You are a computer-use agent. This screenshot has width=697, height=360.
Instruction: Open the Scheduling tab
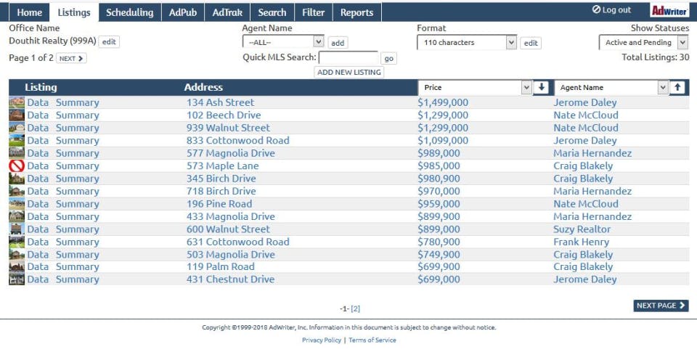(x=129, y=12)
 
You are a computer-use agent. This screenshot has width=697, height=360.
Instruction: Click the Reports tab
(x=356, y=12)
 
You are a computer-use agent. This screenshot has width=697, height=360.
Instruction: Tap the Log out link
(x=611, y=10)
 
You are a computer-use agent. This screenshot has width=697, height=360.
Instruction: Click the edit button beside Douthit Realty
(x=109, y=42)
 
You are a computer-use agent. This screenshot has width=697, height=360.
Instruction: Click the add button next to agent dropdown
(x=338, y=44)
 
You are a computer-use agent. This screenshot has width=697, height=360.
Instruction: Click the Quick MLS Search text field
(x=348, y=58)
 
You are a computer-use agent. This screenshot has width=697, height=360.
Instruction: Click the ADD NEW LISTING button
(x=349, y=73)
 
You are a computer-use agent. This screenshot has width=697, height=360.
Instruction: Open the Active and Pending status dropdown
(x=643, y=43)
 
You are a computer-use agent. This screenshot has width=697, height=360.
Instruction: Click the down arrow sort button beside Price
(x=541, y=88)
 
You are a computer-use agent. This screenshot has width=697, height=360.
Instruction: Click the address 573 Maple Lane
(x=222, y=166)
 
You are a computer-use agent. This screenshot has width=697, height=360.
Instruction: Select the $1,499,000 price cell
(x=443, y=103)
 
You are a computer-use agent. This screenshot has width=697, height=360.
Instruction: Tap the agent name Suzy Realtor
(x=582, y=229)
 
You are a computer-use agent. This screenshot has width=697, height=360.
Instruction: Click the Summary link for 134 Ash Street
(x=77, y=103)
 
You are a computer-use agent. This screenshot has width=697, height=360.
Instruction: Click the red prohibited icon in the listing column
(x=17, y=166)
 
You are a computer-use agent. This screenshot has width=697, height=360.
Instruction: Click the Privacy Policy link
(x=322, y=340)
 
